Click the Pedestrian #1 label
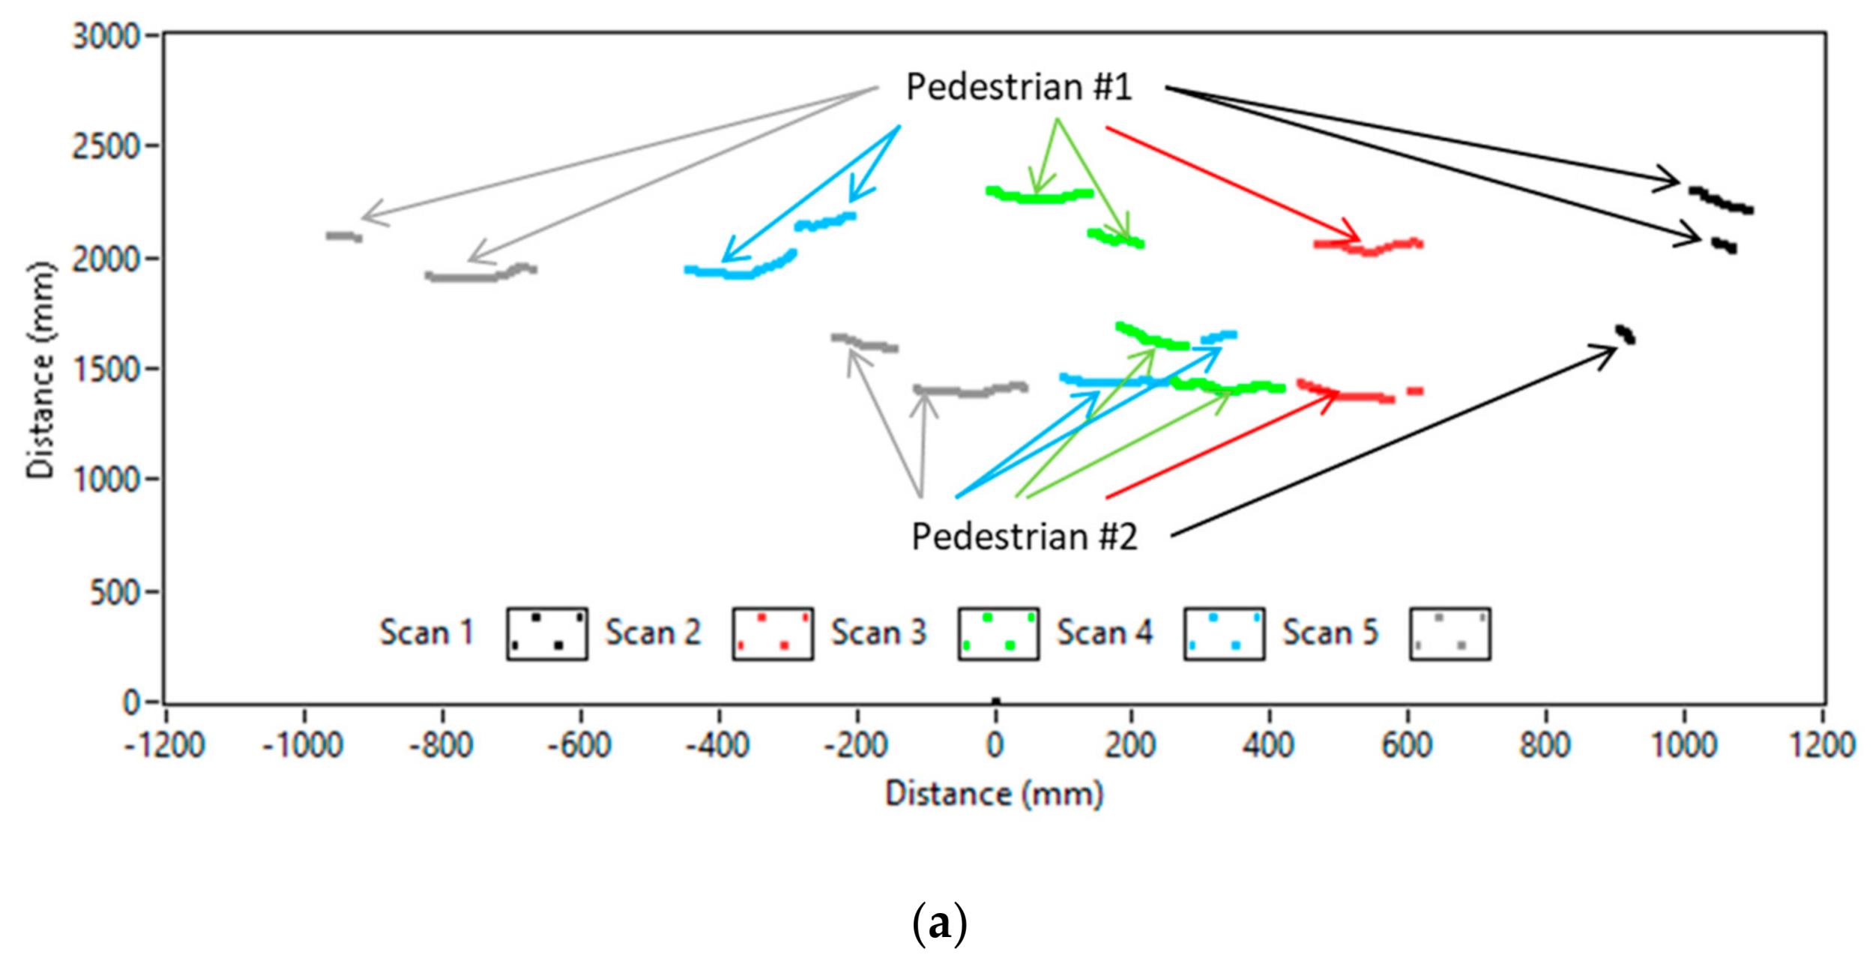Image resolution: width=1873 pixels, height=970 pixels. pos(1019,87)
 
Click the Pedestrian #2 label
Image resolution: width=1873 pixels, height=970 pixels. pos(1024,537)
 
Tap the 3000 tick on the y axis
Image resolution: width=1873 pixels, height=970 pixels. pos(106,36)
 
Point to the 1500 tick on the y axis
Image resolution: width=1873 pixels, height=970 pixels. pos(106,369)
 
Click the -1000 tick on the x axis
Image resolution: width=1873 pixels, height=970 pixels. pos(303,745)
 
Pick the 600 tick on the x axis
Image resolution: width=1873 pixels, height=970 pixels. pos(1407,745)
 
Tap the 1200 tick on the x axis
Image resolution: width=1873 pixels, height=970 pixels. pos(1822,745)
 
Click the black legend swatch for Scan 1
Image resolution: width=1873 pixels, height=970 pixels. pos(547,633)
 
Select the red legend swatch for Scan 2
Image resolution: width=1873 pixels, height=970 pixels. pos(773,633)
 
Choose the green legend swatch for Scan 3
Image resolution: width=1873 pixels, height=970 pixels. pos(998,633)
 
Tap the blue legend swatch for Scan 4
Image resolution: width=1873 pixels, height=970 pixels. pos(1224,633)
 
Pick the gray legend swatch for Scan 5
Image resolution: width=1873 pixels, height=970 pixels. pos(1450,633)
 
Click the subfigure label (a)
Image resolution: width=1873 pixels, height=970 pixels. pos(939,924)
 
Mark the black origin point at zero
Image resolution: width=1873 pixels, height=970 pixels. pos(995,702)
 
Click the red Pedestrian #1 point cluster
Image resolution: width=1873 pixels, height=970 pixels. pos(1368,246)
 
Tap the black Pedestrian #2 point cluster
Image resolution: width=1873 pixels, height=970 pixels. pos(1625,334)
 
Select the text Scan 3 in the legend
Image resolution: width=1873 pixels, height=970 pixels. pos(878,633)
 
